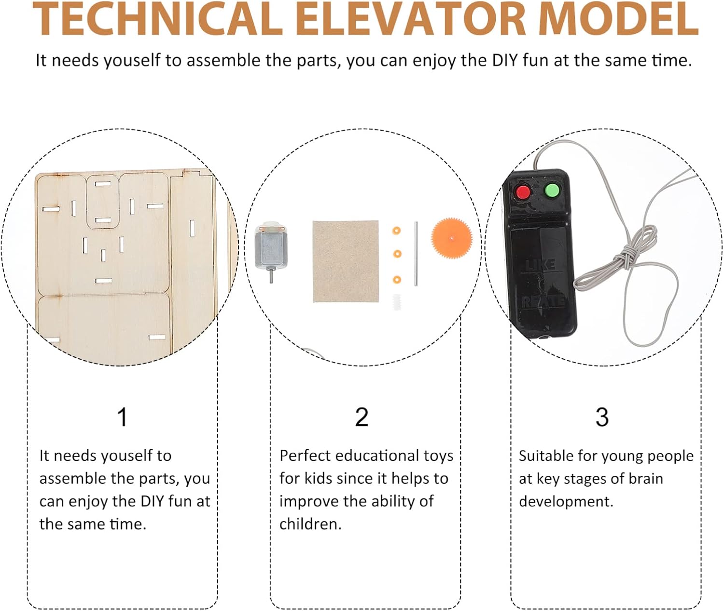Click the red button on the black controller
pyautogui.click(x=523, y=192)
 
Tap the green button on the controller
pyautogui.click(x=552, y=190)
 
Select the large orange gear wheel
pyautogui.click(x=451, y=238)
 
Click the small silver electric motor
pyautogui.click(x=271, y=248)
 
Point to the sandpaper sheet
pyautogui.click(x=346, y=261)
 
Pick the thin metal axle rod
pyautogui.click(x=416, y=254)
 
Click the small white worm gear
pyautogui.click(x=397, y=302)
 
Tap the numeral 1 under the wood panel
pyautogui.click(x=123, y=417)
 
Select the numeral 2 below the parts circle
pyautogui.click(x=362, y=417)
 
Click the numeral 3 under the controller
pyautogui.click(x=602, y=417)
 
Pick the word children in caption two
pyautogui.click(x=310, y=524)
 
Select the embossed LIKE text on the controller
pyautogui.click(x=540, y=265)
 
